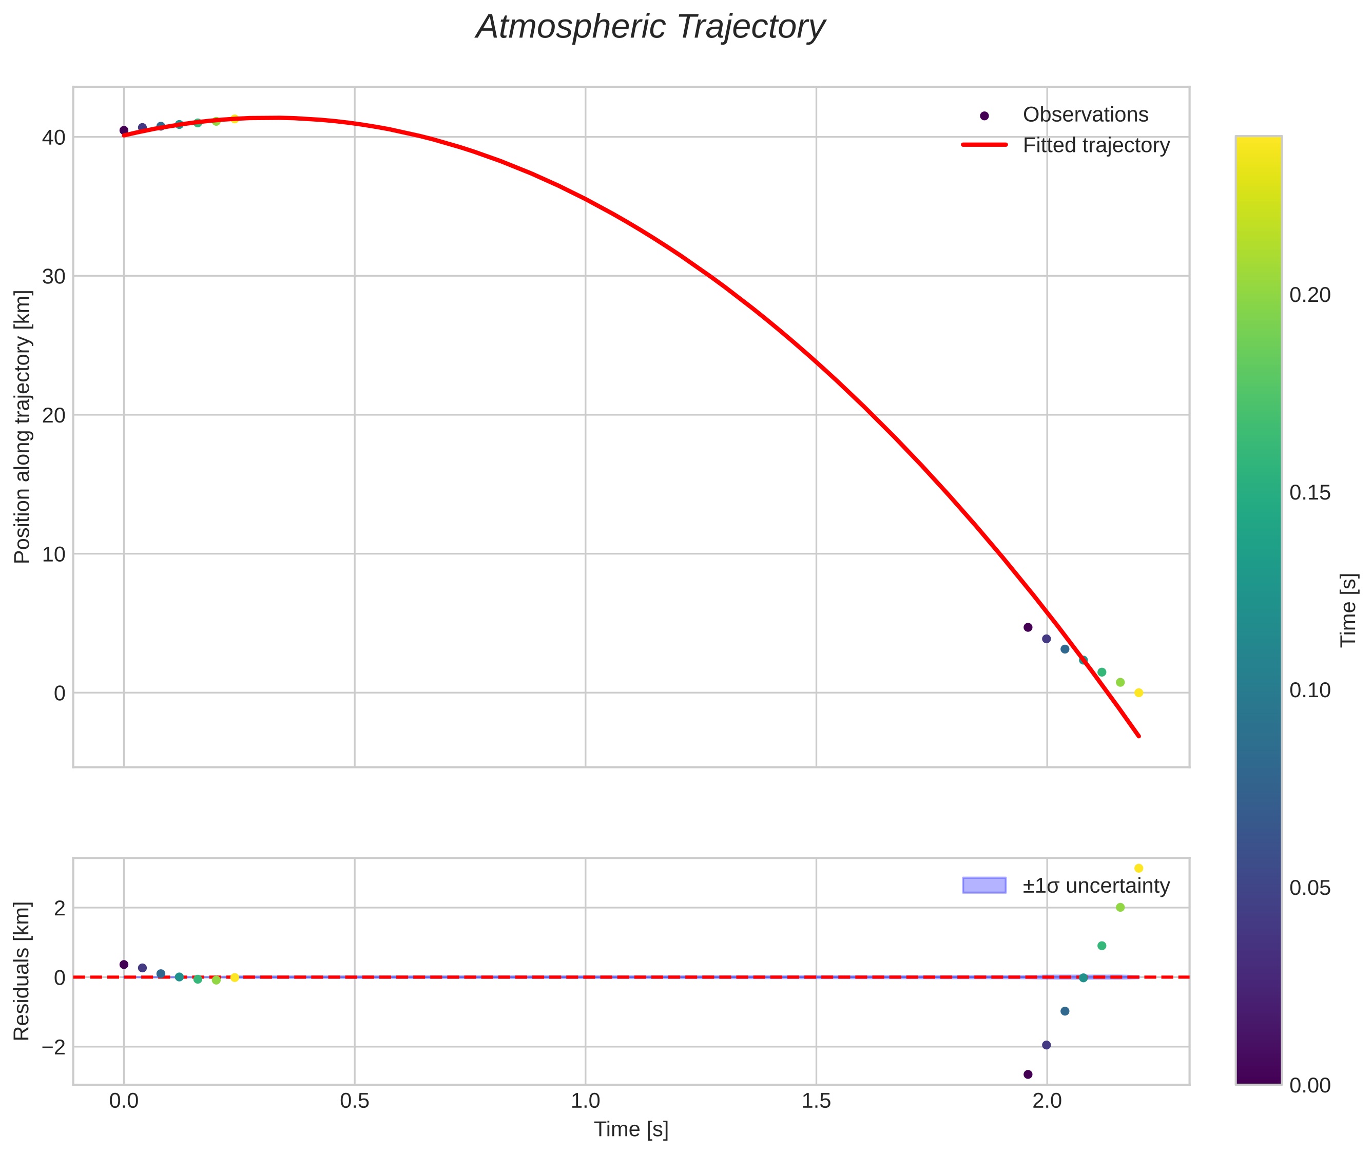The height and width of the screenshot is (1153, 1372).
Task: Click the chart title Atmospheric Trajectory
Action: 650,27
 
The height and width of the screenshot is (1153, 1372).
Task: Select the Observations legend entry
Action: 1085,115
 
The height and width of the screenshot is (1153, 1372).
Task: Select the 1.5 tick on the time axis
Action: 816,1101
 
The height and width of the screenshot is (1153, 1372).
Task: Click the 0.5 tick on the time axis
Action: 354,1101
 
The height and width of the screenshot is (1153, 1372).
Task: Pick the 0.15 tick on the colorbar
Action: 1309,493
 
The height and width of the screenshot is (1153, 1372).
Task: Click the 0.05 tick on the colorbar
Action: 1309,888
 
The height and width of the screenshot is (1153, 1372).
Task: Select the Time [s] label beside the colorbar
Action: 1348,610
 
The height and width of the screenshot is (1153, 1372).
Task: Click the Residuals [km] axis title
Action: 22,971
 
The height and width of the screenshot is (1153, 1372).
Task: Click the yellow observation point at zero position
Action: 1138,693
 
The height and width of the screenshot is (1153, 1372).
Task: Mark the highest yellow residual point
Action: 1138,869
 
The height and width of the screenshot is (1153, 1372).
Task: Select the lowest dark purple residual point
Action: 1028,1074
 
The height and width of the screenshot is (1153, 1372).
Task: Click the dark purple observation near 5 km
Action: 1028,627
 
